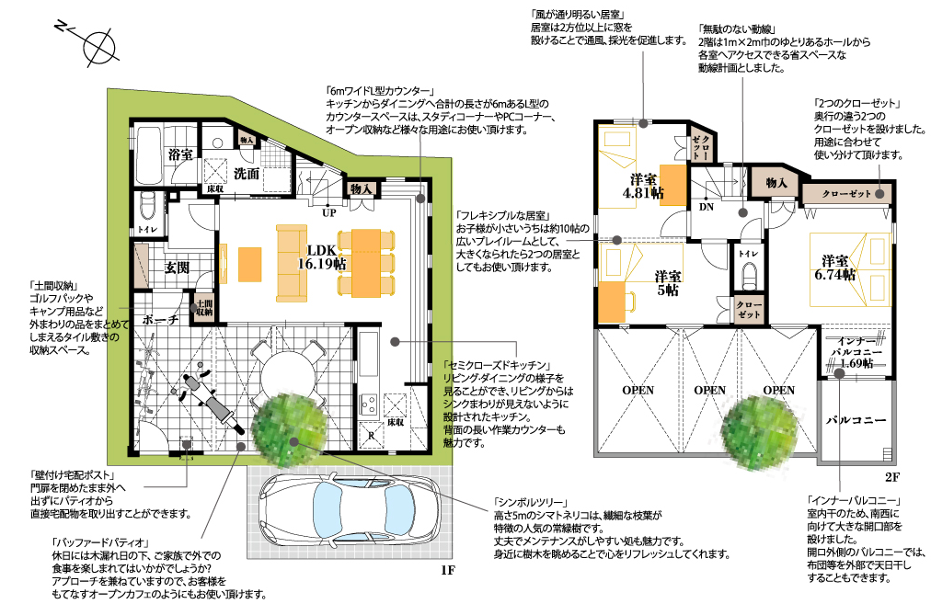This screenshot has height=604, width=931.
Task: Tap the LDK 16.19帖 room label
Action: click(x=322, y=257)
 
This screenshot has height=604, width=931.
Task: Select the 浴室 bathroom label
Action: click(x=180, y=154)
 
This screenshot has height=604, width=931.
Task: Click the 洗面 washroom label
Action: click(x=246, y=174)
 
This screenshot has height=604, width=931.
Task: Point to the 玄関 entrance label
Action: click(x=177, y=268)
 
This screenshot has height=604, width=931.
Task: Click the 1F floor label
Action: click(x=447, y=571)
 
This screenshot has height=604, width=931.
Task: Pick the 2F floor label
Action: click(x=892, y=477)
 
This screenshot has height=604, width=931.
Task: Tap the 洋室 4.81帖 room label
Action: click(x=643, y=186)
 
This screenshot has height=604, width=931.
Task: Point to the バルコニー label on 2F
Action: click(x=856, y=420)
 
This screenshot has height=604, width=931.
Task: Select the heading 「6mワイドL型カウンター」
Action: click(x=381, y=91)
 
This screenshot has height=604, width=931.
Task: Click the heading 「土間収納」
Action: click(x=54, y=285)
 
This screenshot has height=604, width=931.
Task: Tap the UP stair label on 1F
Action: click(x=329, y=212)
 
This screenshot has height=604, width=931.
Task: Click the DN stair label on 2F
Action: click(x=707, y=207)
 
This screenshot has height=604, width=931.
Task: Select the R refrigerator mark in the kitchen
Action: click(x=372, y=435)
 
